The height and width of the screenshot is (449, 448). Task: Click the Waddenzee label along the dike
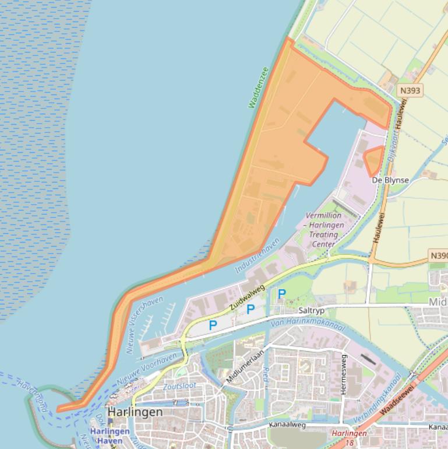pos(258,87)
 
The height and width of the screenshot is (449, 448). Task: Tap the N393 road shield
pos(410,91)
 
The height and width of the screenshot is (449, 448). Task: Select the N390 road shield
pos(439,255)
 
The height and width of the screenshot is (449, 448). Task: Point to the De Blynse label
pos(390,180)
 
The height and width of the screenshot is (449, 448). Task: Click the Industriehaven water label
pos(257,257)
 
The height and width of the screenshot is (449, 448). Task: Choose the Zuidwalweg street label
pos(247,297)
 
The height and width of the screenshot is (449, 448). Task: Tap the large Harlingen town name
pos(135,412)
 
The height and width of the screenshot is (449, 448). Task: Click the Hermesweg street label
pos(343,374)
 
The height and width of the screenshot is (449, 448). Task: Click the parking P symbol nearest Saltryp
pos(281,294)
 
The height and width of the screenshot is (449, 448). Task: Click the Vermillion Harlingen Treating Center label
pos(325,229)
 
